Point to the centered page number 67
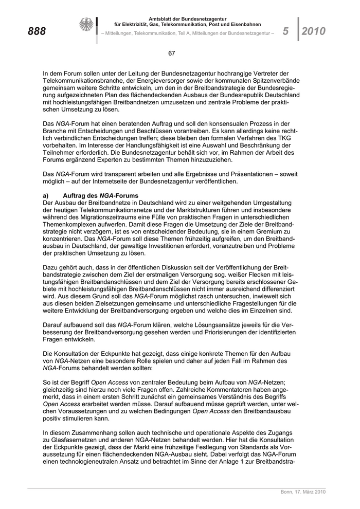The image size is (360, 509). pos(172,53)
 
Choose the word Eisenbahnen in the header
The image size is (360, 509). pos(245,24)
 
